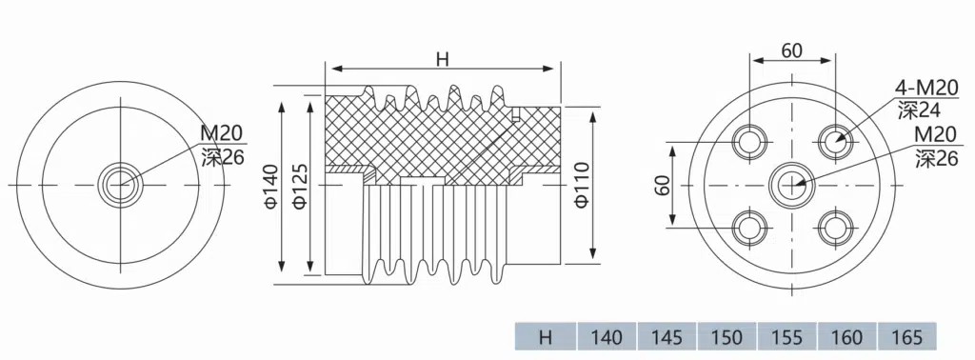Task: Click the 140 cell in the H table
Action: coord(607,336)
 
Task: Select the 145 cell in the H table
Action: coord(667,336)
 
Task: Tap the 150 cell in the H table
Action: coord(726,336)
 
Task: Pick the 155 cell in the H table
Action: coord(786,336)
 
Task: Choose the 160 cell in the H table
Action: coord(846,336)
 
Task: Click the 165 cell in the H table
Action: coord(906,336)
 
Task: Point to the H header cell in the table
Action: coord(546,336)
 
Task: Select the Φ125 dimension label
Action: coord(299,186)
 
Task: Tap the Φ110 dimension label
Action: coord(582,184)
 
